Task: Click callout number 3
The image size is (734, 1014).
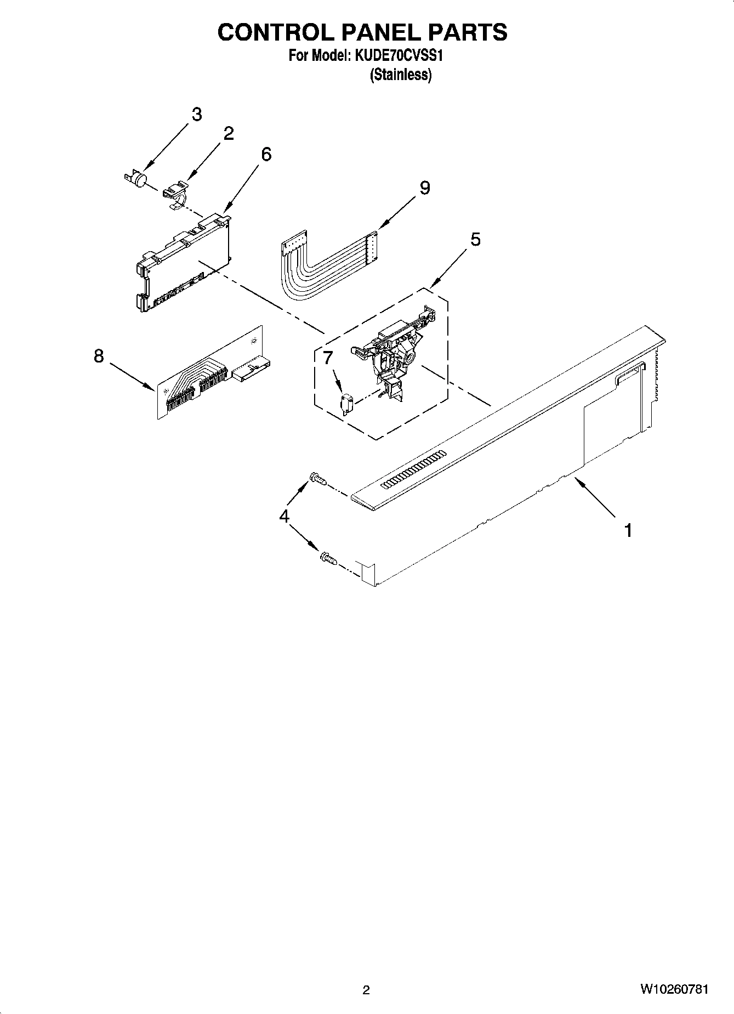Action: [196, 115]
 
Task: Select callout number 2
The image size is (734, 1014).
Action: [229, 133]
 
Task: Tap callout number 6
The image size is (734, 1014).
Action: [266, 155]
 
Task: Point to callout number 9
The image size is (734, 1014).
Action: [425, 188]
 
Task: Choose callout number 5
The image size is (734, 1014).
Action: [475, 239]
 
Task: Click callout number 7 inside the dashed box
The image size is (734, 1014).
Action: [328, 358]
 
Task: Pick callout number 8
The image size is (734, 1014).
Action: [99, 356]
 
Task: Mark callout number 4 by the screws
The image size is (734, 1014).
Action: [285, 516]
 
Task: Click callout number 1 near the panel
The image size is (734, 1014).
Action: [628, 530]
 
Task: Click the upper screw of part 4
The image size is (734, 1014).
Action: [318, 479]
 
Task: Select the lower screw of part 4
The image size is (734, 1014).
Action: [327, 559]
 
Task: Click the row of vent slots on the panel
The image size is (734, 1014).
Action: [414, 469]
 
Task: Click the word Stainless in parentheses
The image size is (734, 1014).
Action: [401, 75]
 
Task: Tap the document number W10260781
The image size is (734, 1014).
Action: [674, 989]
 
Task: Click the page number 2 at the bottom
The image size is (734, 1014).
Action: [366, 990]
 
